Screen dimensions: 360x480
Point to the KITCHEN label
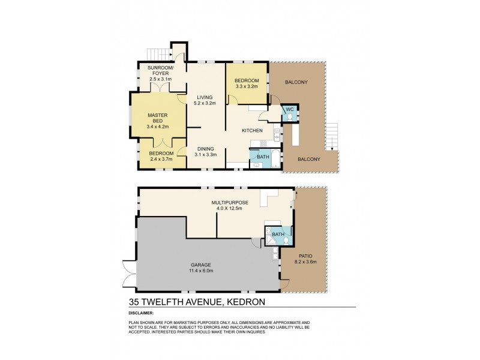(252, 130)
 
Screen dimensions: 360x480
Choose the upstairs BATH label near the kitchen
(263, 157)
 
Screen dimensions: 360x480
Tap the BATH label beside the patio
(278, 234)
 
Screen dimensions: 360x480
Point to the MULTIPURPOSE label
(225, 203)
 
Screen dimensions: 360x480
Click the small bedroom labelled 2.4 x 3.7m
(160, 157)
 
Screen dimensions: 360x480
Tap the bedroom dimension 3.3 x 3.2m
(247, 86)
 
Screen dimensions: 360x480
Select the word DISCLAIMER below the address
(142, 313)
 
